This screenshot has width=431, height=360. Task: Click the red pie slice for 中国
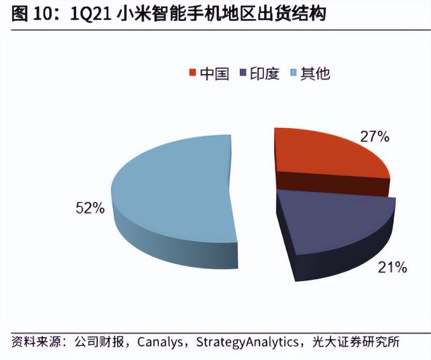323,155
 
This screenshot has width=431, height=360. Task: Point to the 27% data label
375,137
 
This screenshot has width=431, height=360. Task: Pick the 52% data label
90,208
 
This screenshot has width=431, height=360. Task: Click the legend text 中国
214,73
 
